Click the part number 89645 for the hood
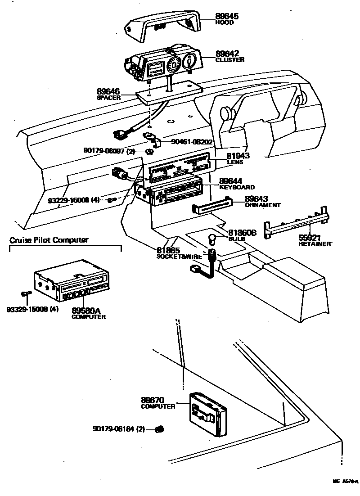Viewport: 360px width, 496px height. click(227, 16)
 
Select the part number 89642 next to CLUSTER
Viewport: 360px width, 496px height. click(227, 53)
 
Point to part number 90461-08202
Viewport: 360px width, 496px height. click(192, 142)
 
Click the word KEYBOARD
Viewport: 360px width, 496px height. click(237, 187)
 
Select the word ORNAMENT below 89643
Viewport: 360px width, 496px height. click(262, 205)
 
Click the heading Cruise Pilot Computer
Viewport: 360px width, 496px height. click(49, 240)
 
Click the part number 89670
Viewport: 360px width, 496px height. click(153, 400)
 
